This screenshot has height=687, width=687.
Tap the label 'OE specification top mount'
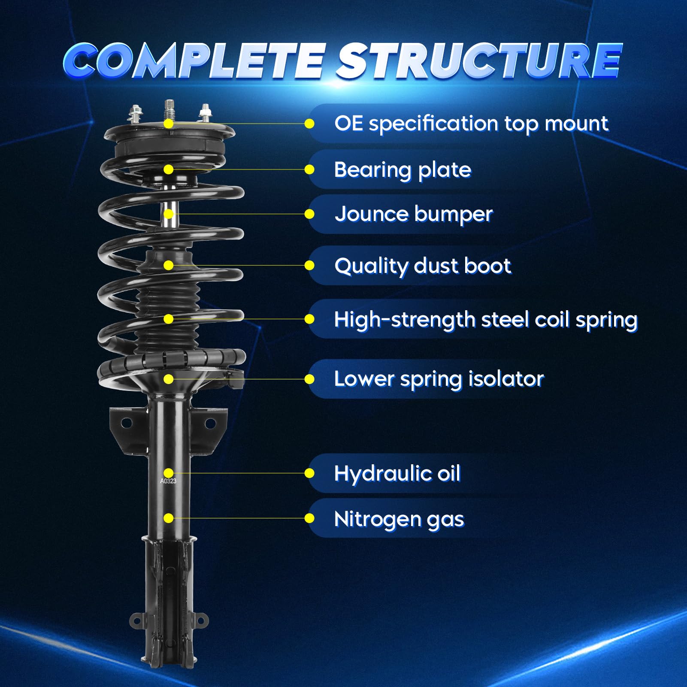point(471,124)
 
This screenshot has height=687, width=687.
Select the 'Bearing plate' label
point(403,170)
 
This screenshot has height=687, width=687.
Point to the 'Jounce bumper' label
point(414,214)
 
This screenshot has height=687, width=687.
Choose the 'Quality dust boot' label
point(423,266)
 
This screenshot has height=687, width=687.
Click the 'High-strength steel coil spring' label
point(486,320)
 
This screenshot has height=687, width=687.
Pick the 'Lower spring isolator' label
point(439,379)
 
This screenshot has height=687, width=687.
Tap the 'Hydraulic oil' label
point(397,474)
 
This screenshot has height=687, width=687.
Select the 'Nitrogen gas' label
point(399,519)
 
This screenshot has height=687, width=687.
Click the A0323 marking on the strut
point(168,481)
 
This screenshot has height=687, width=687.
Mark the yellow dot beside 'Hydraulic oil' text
point(309,473)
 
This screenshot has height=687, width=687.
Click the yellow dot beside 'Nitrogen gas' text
point(309,519)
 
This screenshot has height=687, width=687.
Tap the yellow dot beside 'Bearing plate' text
point(309,170)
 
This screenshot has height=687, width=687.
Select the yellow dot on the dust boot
point(169,266)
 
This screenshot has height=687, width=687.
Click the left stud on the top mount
point(136,114)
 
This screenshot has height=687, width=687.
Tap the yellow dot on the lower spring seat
point(169,379)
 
